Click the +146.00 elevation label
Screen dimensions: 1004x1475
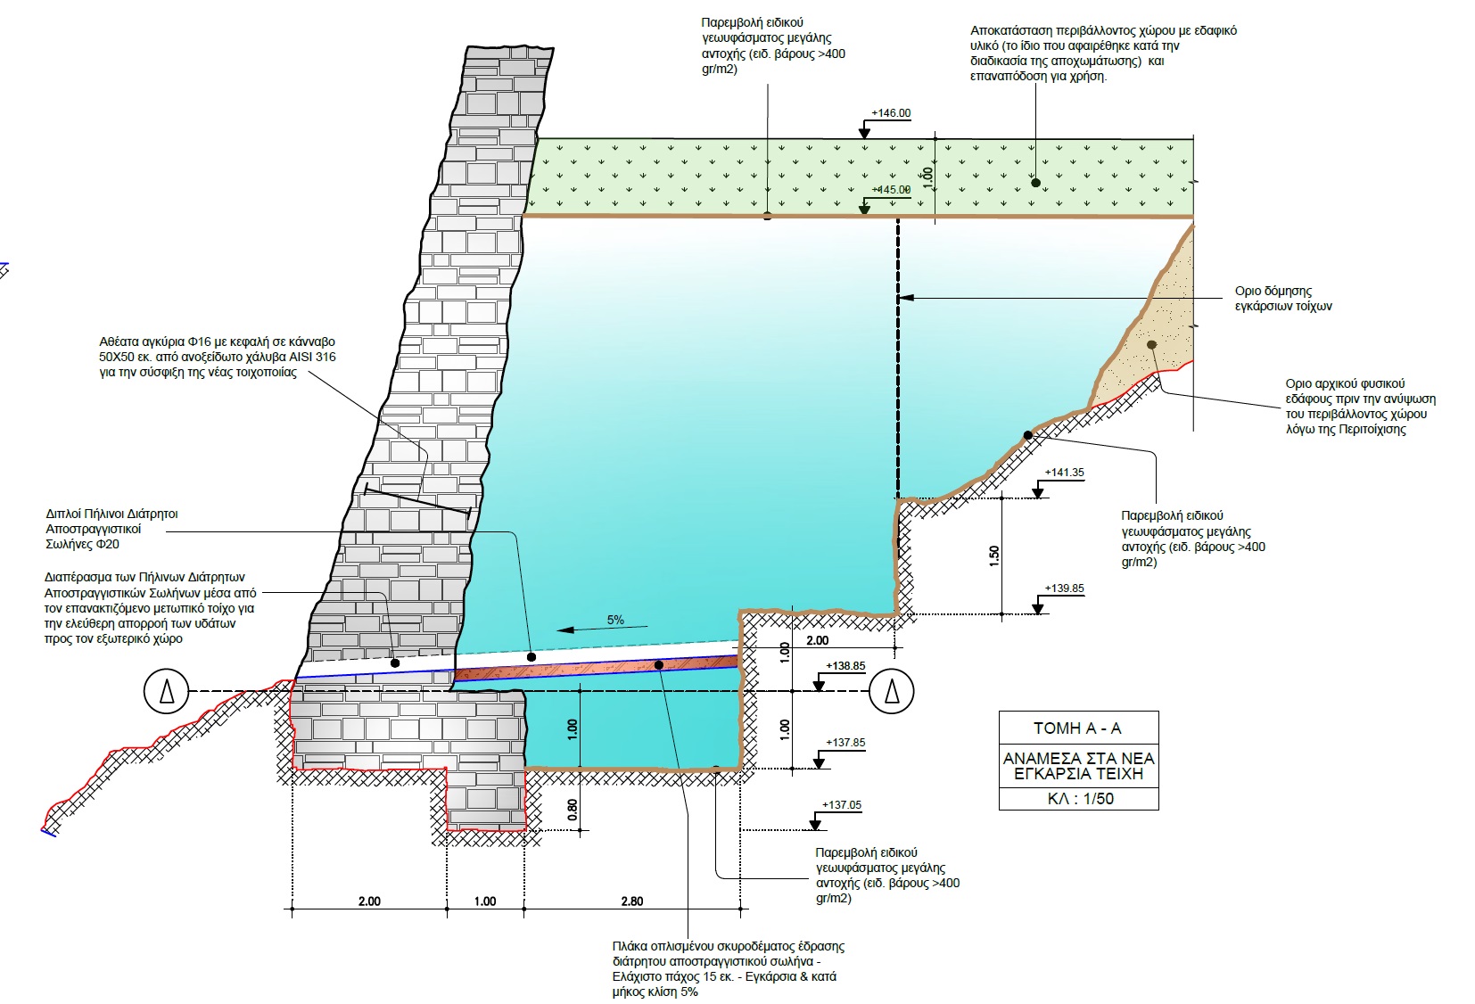pos(892,113)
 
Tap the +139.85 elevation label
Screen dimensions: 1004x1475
pos(1066,588)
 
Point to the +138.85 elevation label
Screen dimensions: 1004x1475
pos(845,666)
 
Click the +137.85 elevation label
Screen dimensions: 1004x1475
pos(845,743)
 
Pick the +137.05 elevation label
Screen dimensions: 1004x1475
pos(842,805)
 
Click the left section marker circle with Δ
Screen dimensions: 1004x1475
pos(167,691)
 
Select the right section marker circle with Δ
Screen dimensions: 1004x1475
pos(890,691)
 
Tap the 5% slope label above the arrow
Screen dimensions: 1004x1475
pos(615,620)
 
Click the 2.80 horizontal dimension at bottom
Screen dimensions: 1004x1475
pos(631,901)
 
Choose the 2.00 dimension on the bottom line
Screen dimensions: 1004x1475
pos(368,901)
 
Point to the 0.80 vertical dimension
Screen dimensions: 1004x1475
pos(573,809)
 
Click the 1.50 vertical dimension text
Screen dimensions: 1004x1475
pos(995,555)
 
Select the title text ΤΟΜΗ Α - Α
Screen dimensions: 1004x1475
pos(1077,728)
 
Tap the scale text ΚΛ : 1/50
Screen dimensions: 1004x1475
pos(1080,798)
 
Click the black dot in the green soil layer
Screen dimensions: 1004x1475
pos(1035,183)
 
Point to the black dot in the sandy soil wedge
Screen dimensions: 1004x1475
pos(1152,344)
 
